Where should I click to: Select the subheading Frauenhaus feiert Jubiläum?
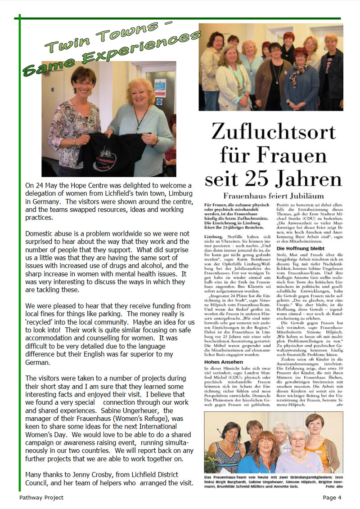(274, 196)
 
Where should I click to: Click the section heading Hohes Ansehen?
(223, 362)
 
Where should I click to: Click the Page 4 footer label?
(332, 497)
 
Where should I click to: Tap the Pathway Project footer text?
(41, 497)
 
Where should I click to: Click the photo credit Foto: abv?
(331, 486)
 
